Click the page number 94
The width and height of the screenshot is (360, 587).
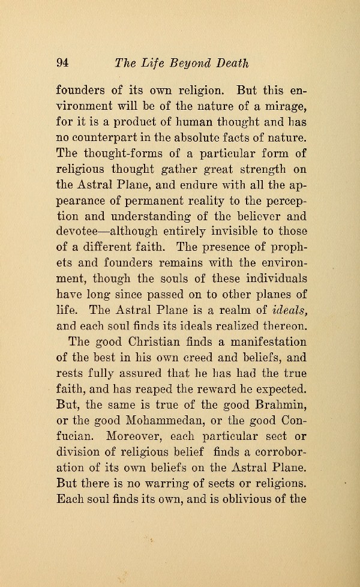pos(64,63)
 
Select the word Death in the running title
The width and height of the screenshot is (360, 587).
pos(229,63)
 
